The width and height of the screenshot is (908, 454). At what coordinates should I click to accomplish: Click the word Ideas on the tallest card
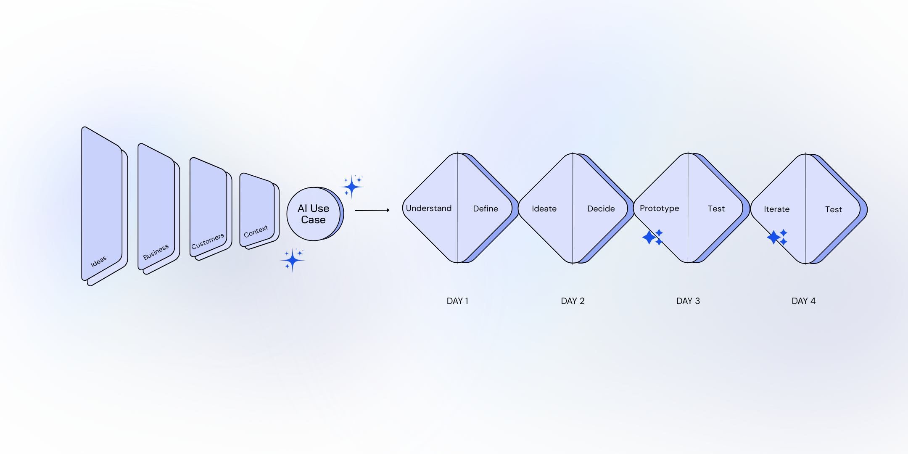[99, 261]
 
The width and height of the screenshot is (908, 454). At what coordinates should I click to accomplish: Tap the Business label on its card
[156, 251]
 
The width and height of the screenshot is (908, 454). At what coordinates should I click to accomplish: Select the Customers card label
[208, 241]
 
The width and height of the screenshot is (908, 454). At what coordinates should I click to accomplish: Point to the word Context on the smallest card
[256, 231]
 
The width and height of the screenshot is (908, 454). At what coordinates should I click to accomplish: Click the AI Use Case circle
[314, 214]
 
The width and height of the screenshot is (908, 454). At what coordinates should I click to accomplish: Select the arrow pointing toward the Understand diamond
[372, 210]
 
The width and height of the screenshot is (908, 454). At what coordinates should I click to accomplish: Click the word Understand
[428, 209]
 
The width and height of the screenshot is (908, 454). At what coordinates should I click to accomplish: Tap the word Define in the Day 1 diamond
[485, 209]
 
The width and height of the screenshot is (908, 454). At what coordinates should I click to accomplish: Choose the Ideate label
[544, 209]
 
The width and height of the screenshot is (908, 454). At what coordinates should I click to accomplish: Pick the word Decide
[601, 209]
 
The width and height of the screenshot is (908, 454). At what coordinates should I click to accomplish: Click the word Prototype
[659, 209]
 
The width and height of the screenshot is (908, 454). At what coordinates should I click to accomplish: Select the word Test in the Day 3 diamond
[716, 209]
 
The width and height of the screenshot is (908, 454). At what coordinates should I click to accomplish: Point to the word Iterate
[776, 209]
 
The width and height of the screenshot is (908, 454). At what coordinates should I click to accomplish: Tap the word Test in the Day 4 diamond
[833, 210]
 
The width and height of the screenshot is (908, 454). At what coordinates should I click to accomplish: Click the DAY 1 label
[457, 301]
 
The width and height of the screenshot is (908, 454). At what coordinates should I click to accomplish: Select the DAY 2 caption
[573, 301]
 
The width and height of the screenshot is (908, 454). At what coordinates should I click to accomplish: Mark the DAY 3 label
[688, 301]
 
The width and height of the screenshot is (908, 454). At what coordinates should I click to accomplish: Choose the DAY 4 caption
[803, 301]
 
